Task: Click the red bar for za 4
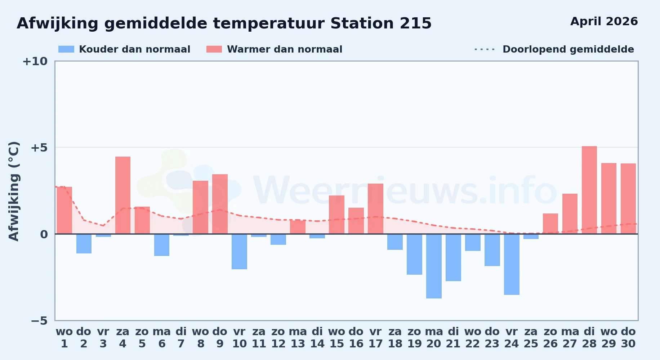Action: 123,195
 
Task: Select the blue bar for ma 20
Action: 434,266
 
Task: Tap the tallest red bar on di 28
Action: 589,190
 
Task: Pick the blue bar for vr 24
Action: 512,264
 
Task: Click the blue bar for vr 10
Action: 239,252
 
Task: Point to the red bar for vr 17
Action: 375,209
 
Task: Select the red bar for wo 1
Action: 64,210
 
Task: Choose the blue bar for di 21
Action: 453,257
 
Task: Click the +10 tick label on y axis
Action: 35,62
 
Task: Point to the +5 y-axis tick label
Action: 39,148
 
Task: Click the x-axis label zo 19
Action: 414,338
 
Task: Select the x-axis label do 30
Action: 628,338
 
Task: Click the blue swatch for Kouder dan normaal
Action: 66,49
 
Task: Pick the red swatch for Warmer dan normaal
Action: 214,49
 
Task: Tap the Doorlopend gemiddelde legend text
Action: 568,49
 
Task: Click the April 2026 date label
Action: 604,22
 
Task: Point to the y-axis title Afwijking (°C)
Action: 14,191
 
